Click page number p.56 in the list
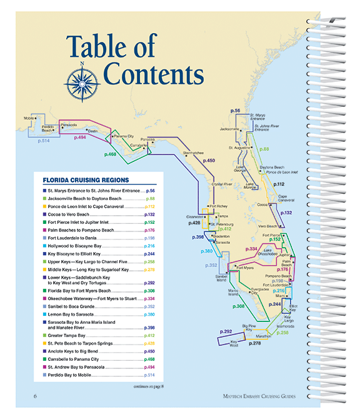pos(150,189)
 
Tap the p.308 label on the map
pos(239,306)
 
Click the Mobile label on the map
pos(29,118)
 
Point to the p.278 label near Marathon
pos(255,343)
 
